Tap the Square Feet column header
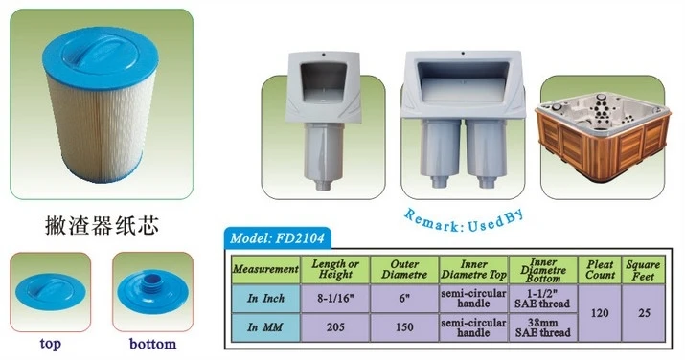pos(644,270)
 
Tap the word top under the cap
pos(52,342)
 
